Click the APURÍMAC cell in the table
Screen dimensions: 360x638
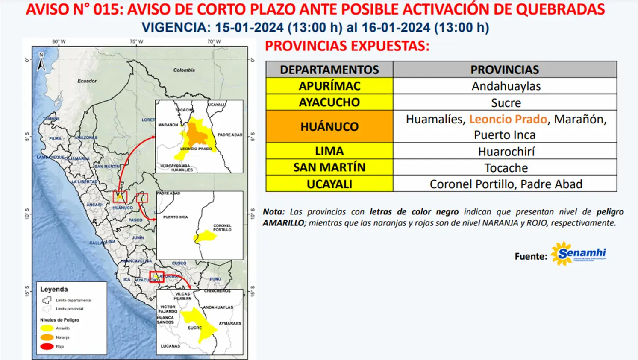click(x=329, y=86)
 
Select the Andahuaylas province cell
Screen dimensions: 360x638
click(x=506, y=86)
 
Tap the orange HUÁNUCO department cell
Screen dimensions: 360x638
click(x=329, y=126)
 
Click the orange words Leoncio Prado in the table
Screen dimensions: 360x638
click(x=508, y=119)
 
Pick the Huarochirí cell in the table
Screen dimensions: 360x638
click(x=506, y=152)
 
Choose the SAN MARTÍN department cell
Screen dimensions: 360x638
click(x=329, y=167)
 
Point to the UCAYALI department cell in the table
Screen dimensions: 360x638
click(x=329, y=184)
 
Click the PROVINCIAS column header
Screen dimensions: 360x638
click(x=504, y=70)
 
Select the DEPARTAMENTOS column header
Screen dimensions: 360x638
click(x=329, y=70)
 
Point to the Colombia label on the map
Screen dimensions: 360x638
click(x=184, y=70)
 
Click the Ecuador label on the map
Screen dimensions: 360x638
click(x=87, y=81)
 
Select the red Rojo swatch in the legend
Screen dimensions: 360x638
click(x=47, y=346)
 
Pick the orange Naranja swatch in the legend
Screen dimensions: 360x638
click(x=47, y=337)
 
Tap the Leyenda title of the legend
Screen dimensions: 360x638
click(x=54, y=289)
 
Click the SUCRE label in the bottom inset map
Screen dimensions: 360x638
click(x=194, y=328)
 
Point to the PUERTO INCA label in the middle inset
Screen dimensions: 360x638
click(x=175, y=217)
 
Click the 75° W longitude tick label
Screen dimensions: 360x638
click(x=136, y=41)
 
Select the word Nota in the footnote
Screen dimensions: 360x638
click(x=273, y=212)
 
